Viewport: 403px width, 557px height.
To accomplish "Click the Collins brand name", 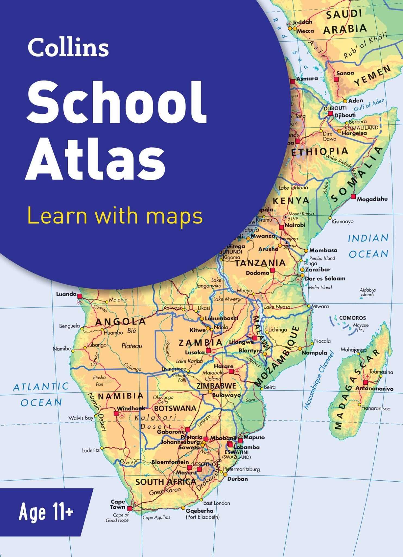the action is tap(68, 47).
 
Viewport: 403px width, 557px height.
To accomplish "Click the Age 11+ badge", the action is tap(46, 512).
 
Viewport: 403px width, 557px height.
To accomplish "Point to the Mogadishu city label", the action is tap(372, 199).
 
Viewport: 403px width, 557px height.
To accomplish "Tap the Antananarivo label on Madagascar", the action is tap(374, 389).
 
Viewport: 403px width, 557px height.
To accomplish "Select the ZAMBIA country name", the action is tap(201, 343).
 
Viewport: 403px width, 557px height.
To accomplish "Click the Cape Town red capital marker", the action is tap(130, 509).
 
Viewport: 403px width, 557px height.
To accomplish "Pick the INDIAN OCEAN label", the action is tap(368, 246).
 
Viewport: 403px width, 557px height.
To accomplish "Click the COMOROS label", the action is tap(352, 318).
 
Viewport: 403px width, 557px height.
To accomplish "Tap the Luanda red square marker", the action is tap(80, 296).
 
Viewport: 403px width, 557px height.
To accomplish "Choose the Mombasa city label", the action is tap(323, 250).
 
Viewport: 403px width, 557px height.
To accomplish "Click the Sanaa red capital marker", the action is tap(336, 79).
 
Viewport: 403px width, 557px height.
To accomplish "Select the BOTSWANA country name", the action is tap(175, 408).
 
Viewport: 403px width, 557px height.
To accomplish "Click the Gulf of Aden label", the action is tap(369, 104).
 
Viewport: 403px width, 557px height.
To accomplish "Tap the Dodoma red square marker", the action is tap(273, 270).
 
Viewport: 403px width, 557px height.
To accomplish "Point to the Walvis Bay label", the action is tap(81, 418).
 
